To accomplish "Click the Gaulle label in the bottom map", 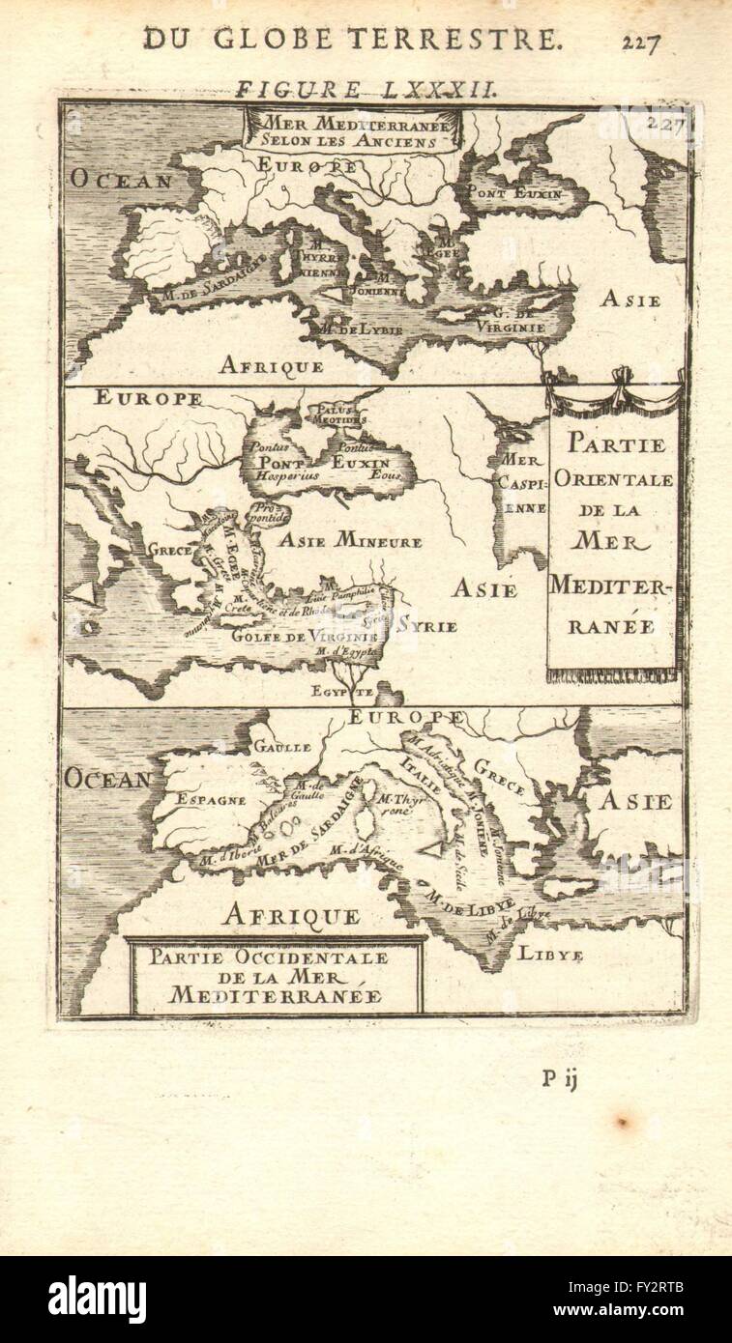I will tap(281, 746).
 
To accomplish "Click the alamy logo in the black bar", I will tap(97, 1299).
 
